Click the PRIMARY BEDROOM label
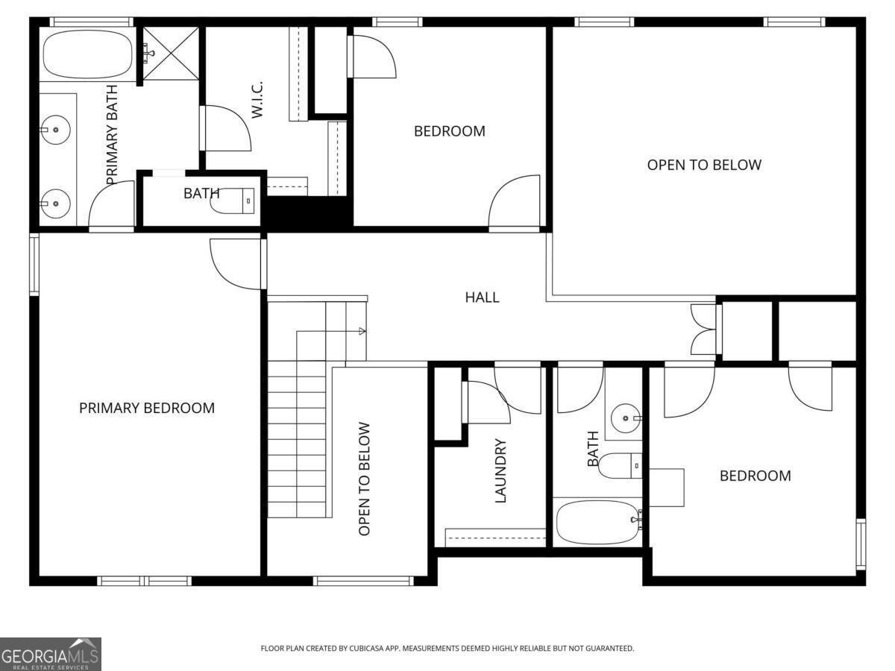[147, 408]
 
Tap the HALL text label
[482, 297]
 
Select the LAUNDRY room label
[500, 470]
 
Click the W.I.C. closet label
[257, 99]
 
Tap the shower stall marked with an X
[171, 53]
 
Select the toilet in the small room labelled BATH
[233, 200]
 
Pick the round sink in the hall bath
[623, 418]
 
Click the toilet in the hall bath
[619, 466]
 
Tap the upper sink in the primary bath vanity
[54, 130]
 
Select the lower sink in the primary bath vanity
[54, 202]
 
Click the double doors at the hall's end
[703, 329]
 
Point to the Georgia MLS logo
[51, 654]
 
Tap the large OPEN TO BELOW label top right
[704, 165]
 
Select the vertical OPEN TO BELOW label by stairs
[365, 479]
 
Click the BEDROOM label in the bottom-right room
[755, 476]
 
